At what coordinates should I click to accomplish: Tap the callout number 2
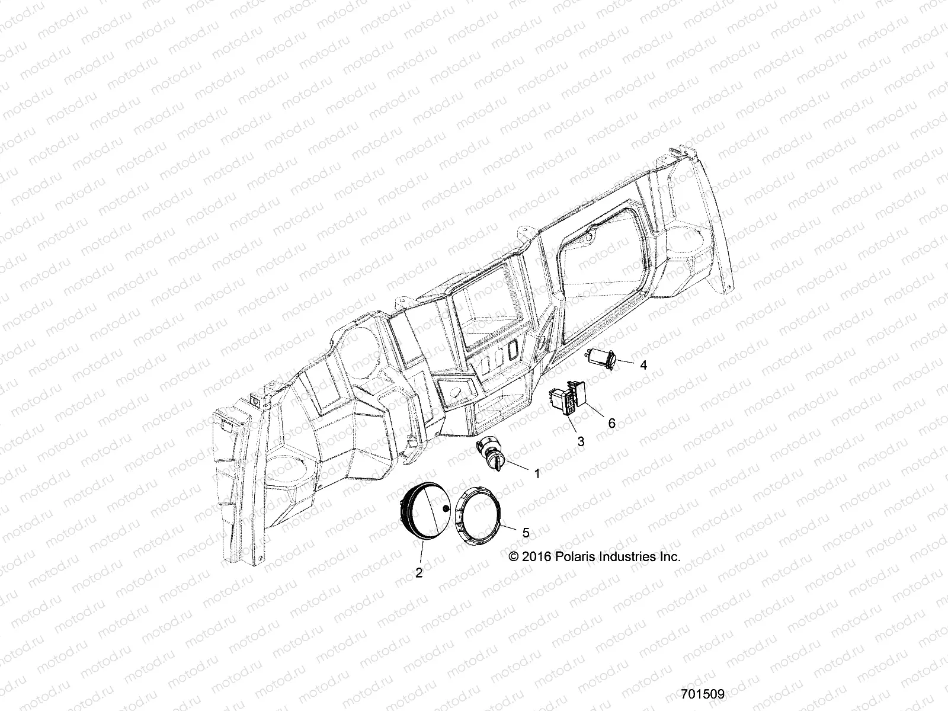click(x=419, y=572)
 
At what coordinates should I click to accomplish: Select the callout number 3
click(x=581, y=441)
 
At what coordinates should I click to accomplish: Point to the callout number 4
click(x=643, y=365)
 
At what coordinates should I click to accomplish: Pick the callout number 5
click(x=525, y=533)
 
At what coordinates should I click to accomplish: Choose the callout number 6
click(x=611, y=422)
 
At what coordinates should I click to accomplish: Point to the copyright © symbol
click(x=514, y=557)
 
